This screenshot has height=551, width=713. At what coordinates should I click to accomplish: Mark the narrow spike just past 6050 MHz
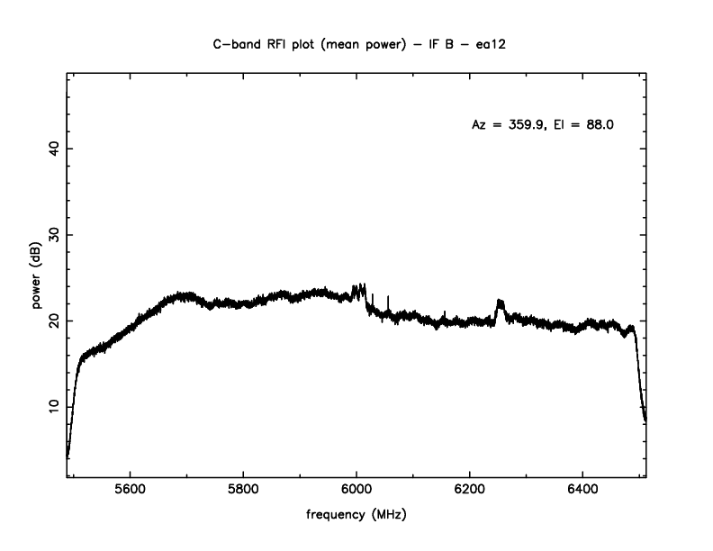pyautogui.click(x=387, y=300)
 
